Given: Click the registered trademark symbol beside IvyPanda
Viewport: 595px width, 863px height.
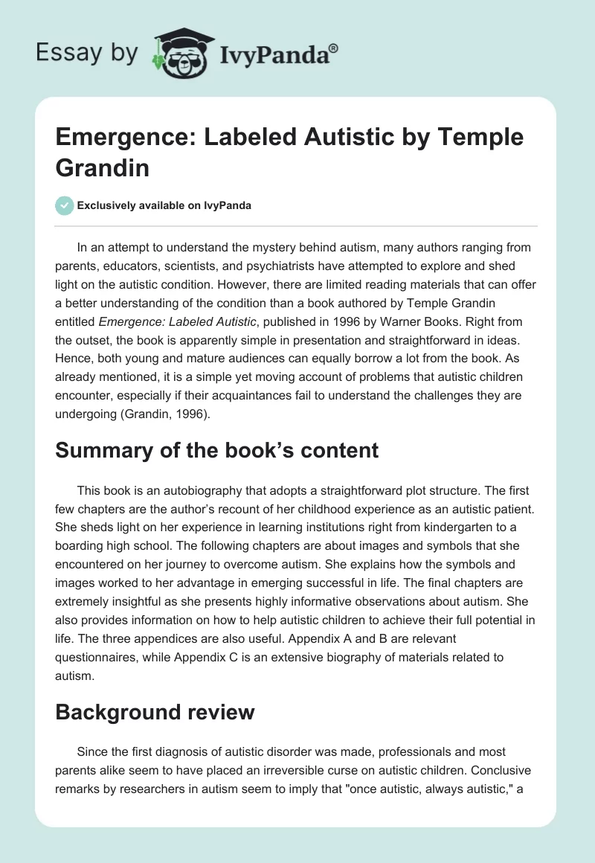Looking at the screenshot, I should [x=334, y=48].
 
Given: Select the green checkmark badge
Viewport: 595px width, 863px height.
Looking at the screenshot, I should [x=65, y=205].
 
